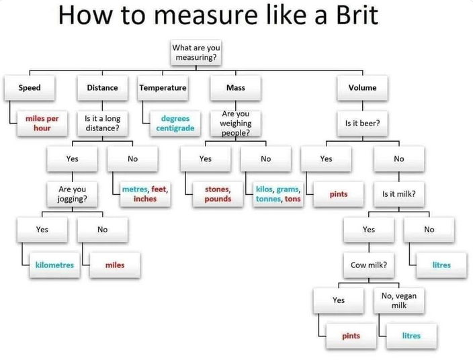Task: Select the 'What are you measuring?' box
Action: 196,52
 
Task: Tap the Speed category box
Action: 30,88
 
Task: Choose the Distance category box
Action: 102,88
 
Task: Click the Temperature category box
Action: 163,88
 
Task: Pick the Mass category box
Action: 236,88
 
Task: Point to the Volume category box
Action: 362,88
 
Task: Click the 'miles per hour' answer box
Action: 42,123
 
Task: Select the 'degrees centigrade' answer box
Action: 175,123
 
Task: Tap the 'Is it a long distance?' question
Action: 102,123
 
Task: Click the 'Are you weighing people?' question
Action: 236,123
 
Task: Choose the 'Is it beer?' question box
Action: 362,123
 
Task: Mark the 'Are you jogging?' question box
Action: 72,194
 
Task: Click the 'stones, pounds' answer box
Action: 218,194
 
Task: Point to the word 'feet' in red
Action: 159,189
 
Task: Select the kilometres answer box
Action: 54,265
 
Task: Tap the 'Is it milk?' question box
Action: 399,194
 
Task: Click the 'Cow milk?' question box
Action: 369,265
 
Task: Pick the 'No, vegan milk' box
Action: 399,300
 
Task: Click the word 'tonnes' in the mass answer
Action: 269,199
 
